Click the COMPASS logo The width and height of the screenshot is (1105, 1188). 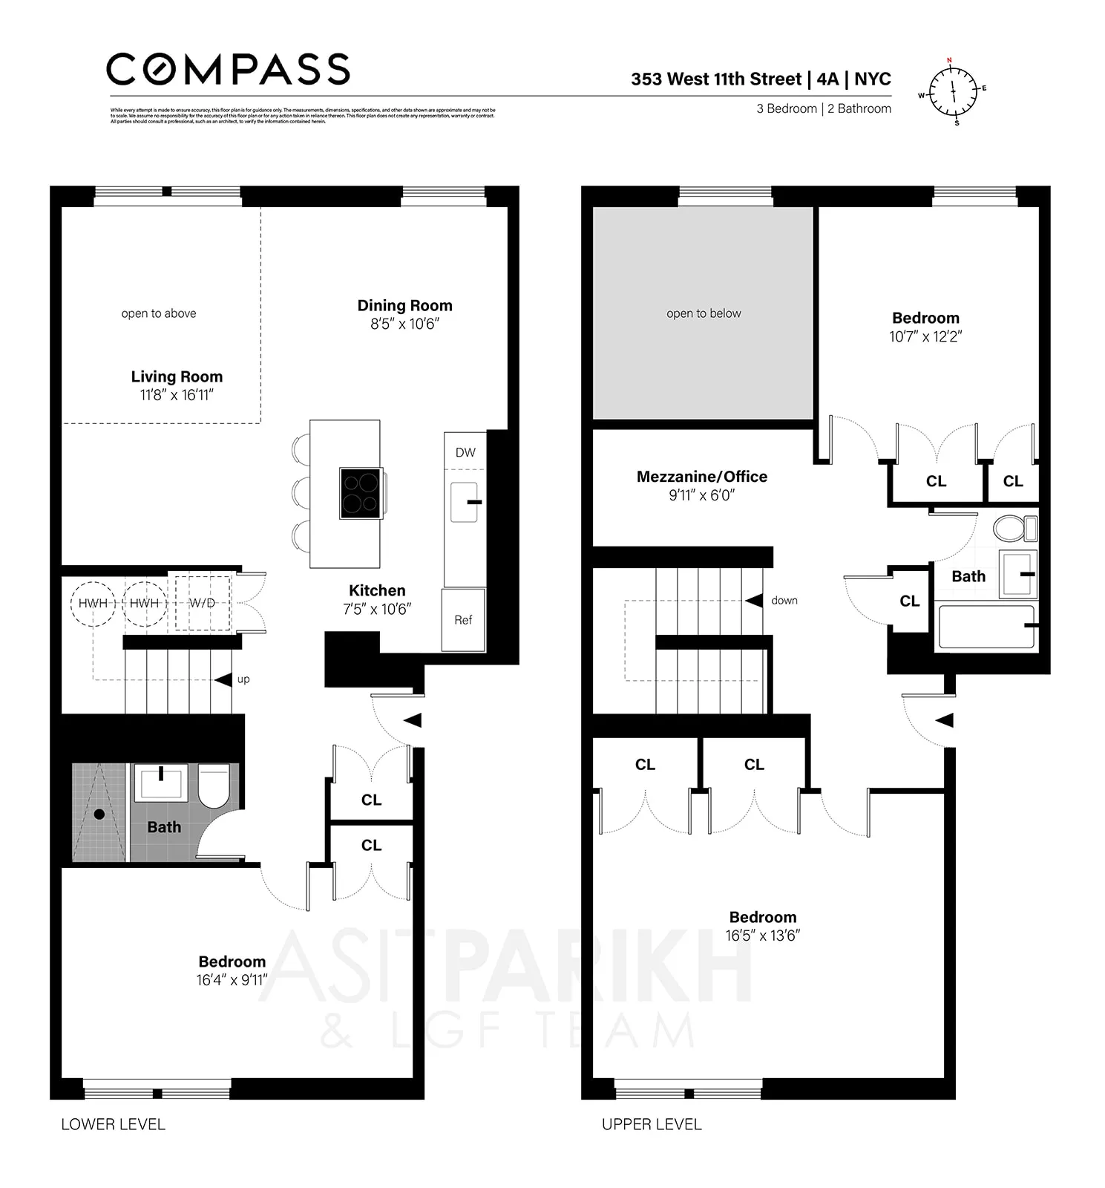click(x=228, y=70)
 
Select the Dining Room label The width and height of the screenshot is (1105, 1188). click(x=404, y=305)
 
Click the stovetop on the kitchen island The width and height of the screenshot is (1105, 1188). click(x=361, y=493)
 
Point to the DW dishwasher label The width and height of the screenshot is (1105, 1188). click(x=465, y=452)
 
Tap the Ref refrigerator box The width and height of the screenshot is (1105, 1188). click(x=463, y=620)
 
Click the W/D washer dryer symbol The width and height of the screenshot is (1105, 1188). click(x=202, y=603)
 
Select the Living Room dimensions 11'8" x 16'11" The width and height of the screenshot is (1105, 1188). click(x=177, y=395)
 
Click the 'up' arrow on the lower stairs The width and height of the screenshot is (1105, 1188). click(x=223, y=679)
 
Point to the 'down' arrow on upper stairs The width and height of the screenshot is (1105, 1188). click(x=755, y=600)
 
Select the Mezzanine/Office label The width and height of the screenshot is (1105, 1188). click(x=701, y=477)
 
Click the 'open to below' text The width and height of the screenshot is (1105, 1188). click(x=704, y=313)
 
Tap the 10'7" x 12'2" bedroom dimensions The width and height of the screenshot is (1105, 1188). click(x=925, y=336)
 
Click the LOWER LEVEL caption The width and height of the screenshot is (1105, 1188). click(x=113, y=1124)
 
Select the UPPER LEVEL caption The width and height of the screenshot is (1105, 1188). click(x=652, y=1124)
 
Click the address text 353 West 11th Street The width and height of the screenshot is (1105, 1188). click(x=716, y=79)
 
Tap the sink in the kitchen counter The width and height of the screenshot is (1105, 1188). click(x=465, y=502)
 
